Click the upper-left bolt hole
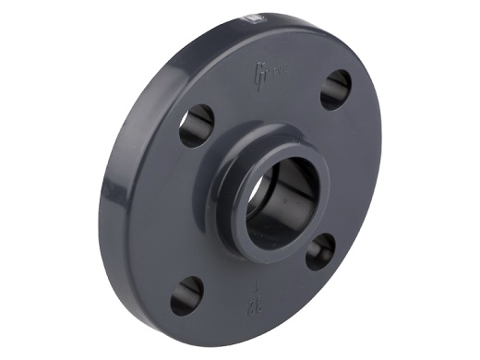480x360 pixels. click(x=197, y=126)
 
